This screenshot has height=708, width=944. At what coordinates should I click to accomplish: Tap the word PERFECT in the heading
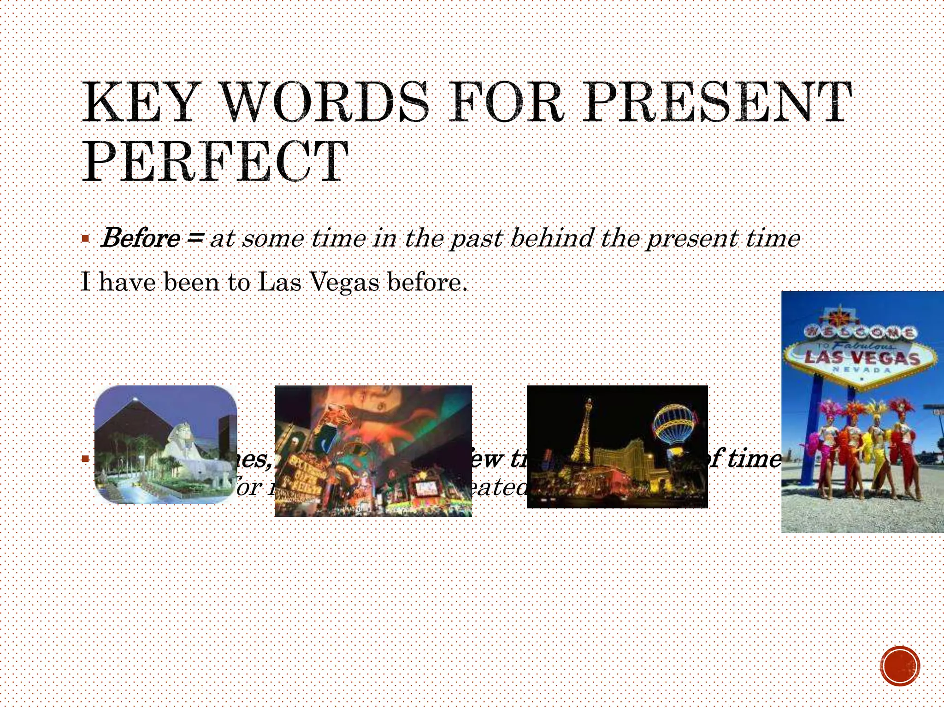[x=215, y=162]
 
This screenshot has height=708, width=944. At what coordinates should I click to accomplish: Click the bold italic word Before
[x=141, y=238]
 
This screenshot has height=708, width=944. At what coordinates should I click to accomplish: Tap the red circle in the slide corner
[x=900, y=666]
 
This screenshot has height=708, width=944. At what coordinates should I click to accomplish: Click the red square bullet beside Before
[x=85, y=239]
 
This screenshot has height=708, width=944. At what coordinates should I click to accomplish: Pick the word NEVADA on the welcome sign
[x=861, y=370]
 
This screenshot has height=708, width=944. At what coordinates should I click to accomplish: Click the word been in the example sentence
[x=191, y=282]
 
